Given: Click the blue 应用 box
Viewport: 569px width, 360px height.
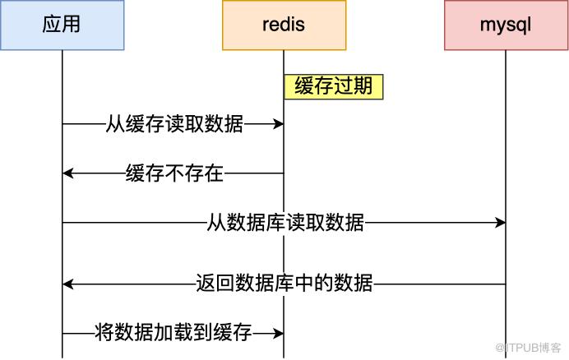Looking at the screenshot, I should [62, 25].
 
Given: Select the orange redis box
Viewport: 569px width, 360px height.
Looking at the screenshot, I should [284, 25].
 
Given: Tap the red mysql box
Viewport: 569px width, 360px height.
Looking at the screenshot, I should [505, 25].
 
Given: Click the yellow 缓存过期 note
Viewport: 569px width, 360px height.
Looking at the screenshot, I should [334, 87].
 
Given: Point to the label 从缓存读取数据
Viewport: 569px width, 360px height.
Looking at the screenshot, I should [174, 124].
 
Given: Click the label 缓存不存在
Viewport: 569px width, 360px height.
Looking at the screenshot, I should [174, 173].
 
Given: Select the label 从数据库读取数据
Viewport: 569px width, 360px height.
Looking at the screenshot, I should [285, 223].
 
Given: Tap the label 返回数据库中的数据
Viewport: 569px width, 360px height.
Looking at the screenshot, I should [284, 284].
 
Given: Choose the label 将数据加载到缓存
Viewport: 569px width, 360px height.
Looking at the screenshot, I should [173, 334].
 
